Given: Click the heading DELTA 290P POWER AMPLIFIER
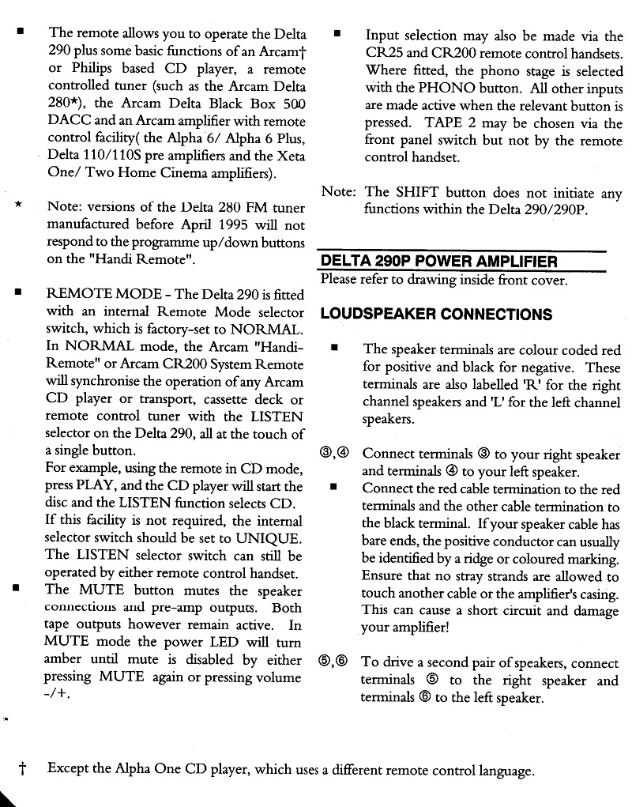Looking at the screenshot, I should [x=438, y=262].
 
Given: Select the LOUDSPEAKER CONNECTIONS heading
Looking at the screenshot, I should [x=436, y=314].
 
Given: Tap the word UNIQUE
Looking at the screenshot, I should [x=267, y=538].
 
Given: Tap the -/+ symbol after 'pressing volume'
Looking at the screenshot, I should [x=58, y=696].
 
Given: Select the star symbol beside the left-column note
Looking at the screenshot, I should [x=17, y=206].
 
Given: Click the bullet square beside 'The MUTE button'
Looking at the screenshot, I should [x=17, y=590].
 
